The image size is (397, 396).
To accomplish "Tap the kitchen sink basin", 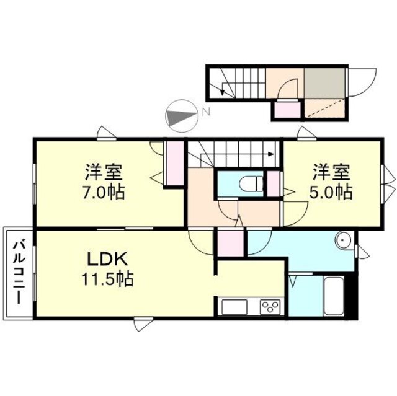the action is [234, 307].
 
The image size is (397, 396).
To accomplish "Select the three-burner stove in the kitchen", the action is [270, 307].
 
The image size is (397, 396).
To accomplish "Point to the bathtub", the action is [334, 296].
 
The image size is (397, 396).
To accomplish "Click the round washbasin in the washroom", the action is [343, 239].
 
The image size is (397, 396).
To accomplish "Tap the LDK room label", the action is [107, 260].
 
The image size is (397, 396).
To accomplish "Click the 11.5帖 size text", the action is [107, 279].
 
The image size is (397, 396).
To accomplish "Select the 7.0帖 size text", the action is [104, 192].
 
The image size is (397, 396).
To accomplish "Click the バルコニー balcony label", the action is [19, 273].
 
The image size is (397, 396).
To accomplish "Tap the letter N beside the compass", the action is [207, 112].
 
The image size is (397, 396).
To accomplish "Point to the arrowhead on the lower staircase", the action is [271, 154].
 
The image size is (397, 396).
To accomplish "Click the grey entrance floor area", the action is [325, 82].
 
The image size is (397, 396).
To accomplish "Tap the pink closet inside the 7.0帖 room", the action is [175, 164].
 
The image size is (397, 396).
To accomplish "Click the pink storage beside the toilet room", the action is [274, 184].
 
